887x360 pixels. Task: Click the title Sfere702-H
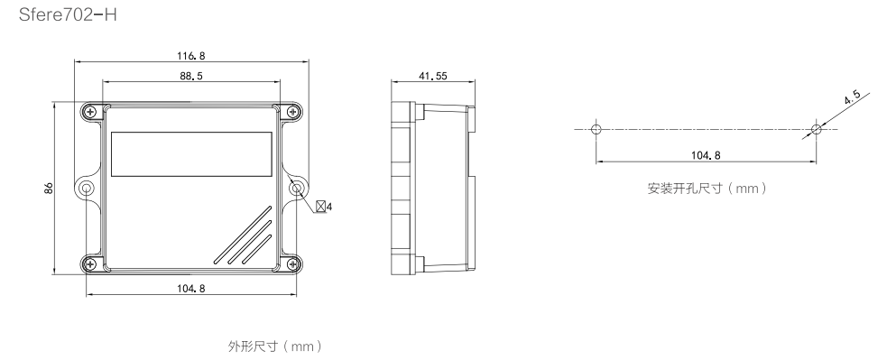(x=68, y=14)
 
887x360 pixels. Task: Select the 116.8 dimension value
(x=191, y=55)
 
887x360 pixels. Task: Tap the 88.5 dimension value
(x=191, y=76)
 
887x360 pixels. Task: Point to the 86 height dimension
(x=49, y=188)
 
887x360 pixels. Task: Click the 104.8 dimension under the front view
(x=191, y=288)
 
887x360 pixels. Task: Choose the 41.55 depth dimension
(x=433, y=76)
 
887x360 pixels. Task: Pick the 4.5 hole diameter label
(x=852, y=97)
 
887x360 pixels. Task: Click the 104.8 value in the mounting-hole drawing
(x=706, y=155)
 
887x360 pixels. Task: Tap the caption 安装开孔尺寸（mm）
(x=707, y=188)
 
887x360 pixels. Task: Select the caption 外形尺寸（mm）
(x=275, y=346)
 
